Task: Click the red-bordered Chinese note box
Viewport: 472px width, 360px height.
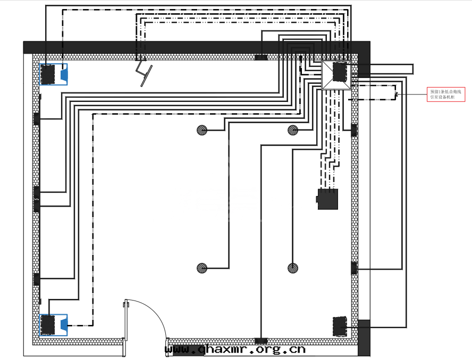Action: coord(446,94)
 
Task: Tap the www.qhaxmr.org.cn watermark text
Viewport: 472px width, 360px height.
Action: coord(235,349)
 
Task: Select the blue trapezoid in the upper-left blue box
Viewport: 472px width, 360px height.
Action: coord(64,74)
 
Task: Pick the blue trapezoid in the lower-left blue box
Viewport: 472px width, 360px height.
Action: coord(63,324)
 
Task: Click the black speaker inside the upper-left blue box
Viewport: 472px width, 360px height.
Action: coord(48,74)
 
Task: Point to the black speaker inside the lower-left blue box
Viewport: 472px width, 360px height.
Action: coord(48,324)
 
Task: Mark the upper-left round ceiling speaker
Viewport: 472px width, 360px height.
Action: coord(202,130)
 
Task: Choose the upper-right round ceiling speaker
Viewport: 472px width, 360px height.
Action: coord(293,130)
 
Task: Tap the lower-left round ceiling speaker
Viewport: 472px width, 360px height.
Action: coord(202,268)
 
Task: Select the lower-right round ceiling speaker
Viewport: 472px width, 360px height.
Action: coord(293,268)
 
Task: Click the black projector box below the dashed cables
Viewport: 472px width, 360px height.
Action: coord(327,199)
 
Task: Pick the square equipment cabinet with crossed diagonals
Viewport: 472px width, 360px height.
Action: coord(336,75)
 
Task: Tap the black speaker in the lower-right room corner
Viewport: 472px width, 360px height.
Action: coord(340,326)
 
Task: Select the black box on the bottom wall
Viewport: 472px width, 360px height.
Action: coord(261,340)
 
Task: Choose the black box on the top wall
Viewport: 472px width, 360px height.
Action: coord(261,57)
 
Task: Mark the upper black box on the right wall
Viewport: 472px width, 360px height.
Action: coord(354,130)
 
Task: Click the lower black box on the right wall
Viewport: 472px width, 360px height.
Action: coord(354,268)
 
